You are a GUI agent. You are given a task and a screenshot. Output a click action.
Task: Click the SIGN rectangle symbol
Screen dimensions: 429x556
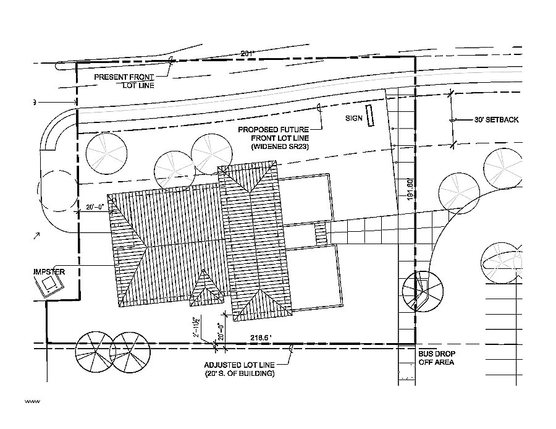(x=370, y=116)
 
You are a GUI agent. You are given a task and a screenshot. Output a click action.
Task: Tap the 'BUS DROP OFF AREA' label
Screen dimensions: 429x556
(x=436, y=359)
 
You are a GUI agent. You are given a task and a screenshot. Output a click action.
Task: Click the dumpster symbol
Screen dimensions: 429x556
(x=49, y=286)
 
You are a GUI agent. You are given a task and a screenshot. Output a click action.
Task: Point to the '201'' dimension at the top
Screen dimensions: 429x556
(x=248, y=54)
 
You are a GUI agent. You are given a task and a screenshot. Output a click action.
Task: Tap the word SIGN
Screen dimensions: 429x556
(x=353, y=116)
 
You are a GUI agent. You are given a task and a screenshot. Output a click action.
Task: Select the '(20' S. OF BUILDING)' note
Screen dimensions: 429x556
(x=240, y=374)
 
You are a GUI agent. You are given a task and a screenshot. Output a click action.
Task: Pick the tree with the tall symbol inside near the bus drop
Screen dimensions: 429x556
(x=423, y=289)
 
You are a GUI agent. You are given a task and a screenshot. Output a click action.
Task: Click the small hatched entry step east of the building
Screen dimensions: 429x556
(x=320, y=234)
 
